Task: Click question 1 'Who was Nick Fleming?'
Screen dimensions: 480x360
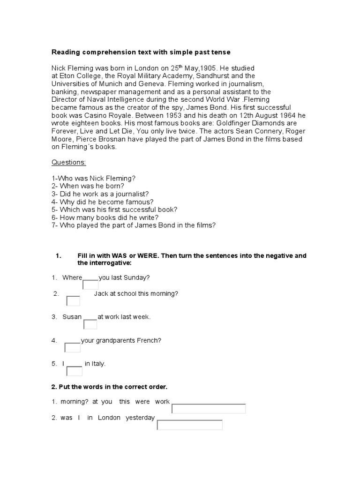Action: [x=93, y=179]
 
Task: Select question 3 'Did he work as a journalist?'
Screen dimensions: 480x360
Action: [x=100, y=194]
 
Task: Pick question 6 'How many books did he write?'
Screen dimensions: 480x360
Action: [x=105, y=217]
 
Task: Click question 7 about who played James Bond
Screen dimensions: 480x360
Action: [x=134, y=225]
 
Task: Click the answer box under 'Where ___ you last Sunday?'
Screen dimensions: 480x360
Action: [x=90, y=285]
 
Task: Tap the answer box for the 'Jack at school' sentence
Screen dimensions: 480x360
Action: [x=73, y=301]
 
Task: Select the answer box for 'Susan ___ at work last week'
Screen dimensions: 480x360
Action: [x=90, y=324]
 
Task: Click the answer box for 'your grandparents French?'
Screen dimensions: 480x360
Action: [x=72, y=347]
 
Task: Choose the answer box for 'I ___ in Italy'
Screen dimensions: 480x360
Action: [x=75, y=371]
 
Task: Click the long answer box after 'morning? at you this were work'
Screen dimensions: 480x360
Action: [x=209, y=408]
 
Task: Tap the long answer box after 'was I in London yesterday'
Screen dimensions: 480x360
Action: [x=189, y=425]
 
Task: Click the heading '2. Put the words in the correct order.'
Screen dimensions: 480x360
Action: [x=109, y=387]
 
